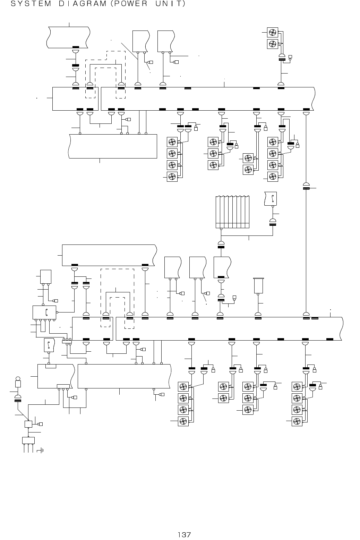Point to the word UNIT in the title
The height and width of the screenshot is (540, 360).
[x=166, y=4]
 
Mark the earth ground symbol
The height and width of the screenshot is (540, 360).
[x=42, y=451]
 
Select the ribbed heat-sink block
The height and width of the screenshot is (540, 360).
[x=232, y=212]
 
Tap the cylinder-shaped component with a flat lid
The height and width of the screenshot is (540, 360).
[x=258, y=285]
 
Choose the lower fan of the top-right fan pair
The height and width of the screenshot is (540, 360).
[x=273, y=44]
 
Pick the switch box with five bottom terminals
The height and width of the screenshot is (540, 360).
[x=44, y=312]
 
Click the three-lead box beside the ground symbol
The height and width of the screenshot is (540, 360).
[x=28, y=440]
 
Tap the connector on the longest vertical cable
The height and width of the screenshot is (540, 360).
[x=306, y=186]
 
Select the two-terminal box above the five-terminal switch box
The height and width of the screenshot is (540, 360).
[x=46, y=276]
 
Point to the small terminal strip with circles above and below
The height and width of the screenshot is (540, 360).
[x=67, y=342]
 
